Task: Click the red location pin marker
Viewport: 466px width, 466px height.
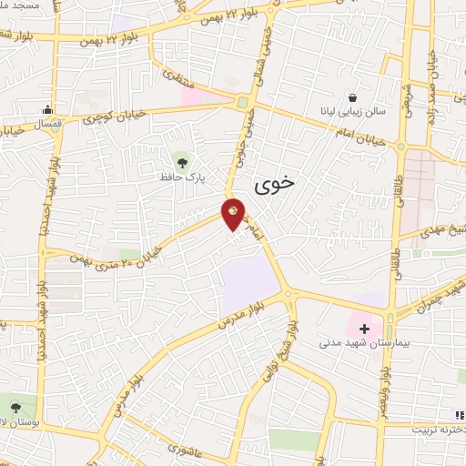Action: pos(234,213)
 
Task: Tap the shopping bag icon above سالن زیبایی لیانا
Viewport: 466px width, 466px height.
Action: pos(352,96)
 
